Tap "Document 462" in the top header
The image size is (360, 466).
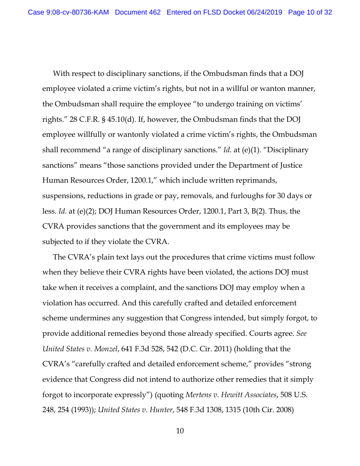coord(138,12)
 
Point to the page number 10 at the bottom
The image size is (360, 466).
coord(180,431)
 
